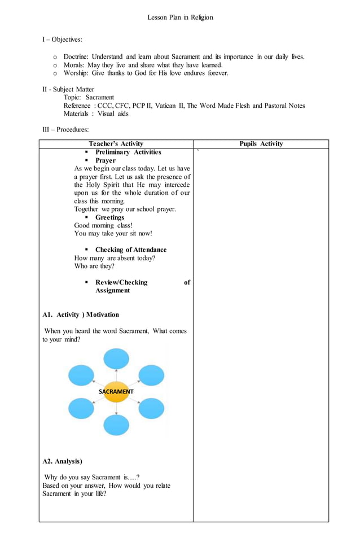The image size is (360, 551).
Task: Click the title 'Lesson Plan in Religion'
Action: tap(180, 18)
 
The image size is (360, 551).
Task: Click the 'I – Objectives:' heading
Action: tap(62, 40)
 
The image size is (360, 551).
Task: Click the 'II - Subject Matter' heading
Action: tap(68, 89)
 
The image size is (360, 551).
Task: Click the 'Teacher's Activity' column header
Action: tap(116, 144)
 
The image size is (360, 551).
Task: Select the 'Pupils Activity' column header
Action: tap(261, 144)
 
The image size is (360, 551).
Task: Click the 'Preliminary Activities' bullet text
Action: tap(128, 152)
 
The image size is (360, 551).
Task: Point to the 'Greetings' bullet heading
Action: tap(109, 217)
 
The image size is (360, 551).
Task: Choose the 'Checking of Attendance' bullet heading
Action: tap(131, 250)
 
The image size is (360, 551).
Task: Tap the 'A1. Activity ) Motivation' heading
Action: tap(81, 314)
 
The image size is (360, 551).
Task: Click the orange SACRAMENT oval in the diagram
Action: tap(116, 391)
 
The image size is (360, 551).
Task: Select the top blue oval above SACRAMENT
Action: tap(116, 358)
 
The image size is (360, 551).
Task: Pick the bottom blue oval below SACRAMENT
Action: tap(116, 425)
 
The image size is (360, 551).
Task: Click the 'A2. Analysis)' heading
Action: tap(62, 461)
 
